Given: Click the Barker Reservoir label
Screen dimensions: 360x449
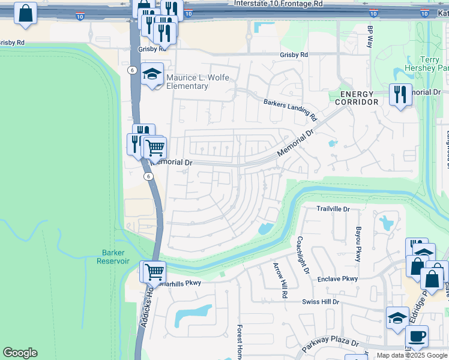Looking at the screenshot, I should point(113,257).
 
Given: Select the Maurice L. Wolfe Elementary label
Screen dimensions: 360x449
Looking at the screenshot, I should point(187,82).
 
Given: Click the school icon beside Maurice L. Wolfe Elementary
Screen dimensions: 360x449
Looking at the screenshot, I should point(152,74).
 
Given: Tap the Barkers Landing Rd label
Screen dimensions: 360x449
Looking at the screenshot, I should point(290,108).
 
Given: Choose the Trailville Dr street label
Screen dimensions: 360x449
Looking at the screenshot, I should point(333,209).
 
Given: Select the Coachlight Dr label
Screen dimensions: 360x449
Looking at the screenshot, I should point(302,254).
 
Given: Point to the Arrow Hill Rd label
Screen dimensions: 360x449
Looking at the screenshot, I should point(280,281).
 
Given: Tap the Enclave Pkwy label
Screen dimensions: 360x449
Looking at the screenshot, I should point(337,279).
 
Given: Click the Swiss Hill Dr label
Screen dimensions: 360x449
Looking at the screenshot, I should point(321,302).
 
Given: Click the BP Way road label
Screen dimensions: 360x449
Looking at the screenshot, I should point(370,37).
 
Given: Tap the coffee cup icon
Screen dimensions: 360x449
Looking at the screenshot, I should point(417,337).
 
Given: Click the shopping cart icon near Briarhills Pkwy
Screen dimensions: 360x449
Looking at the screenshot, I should point(153,271).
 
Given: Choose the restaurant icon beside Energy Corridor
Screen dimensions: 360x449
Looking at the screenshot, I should point(400,94).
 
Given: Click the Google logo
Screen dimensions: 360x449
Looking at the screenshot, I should point(20,353).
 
